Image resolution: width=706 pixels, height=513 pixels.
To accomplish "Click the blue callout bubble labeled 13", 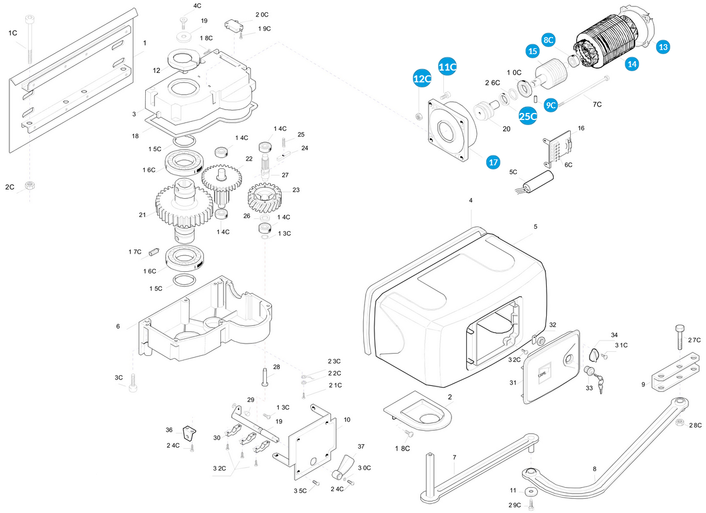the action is [663, 47].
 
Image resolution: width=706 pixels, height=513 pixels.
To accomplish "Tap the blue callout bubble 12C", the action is [422, 79].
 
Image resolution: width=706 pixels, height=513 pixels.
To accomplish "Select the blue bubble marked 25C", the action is [528, 116].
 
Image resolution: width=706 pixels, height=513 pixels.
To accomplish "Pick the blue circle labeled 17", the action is [493, 162].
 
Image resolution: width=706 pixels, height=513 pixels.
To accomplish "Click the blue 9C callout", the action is [551, 105].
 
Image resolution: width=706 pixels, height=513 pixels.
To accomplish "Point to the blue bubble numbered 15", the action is [533, 51].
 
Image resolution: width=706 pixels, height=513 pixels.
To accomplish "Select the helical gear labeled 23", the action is [265, 199].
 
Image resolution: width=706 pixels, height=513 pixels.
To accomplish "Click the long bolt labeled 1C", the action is [30, 39].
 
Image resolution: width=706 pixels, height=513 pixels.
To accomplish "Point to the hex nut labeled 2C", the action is [29, 185].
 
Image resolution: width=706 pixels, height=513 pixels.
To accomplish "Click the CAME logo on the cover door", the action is [543, 374].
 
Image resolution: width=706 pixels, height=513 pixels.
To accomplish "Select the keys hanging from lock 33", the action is [599, 384].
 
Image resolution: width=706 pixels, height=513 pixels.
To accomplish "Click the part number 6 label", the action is [118, 327].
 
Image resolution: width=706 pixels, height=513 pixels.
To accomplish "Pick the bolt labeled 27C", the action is [680, 337].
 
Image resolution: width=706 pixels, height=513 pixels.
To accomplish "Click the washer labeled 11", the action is [531, 491].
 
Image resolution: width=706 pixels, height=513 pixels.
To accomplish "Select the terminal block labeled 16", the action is [557, 149].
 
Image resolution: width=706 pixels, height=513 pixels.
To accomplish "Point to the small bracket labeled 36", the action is [189, 433].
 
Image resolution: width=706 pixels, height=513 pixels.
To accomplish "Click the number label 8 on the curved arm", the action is [594, 469].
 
